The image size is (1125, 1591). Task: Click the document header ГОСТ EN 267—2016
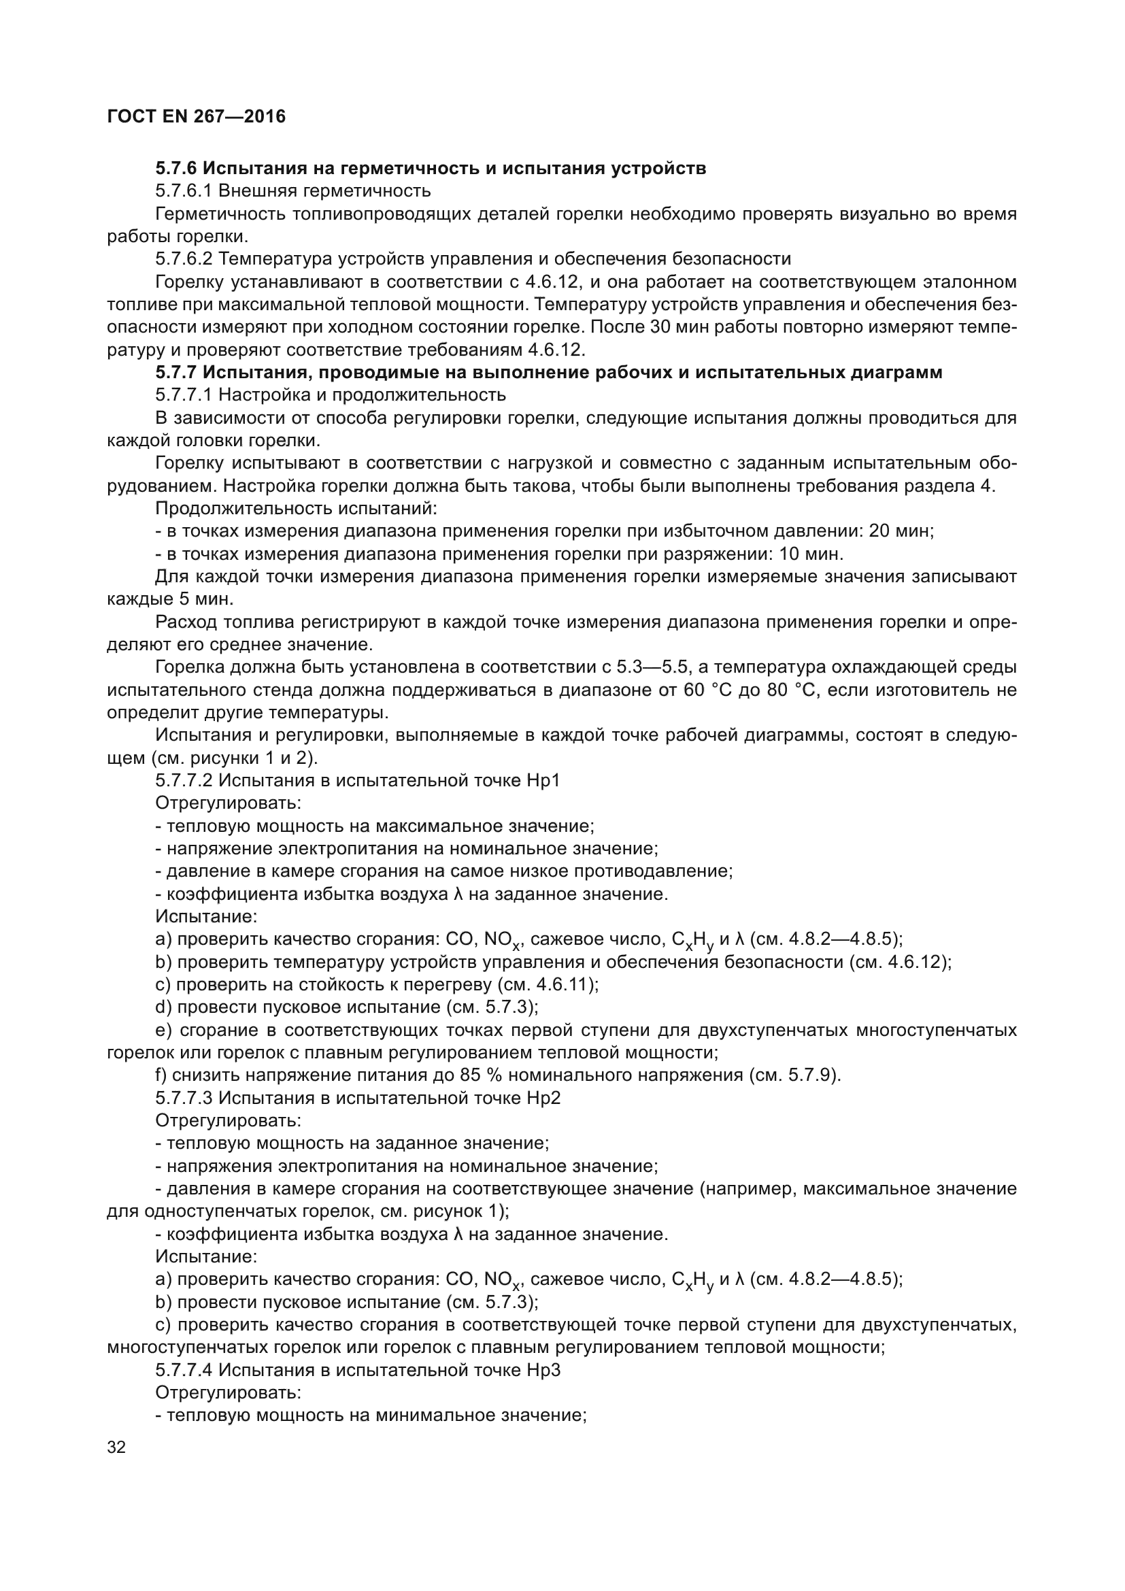[197, 116]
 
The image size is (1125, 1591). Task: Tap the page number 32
[117, 1447]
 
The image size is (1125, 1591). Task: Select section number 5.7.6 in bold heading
[176, 169]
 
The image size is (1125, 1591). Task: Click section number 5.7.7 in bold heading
[176, 373]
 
